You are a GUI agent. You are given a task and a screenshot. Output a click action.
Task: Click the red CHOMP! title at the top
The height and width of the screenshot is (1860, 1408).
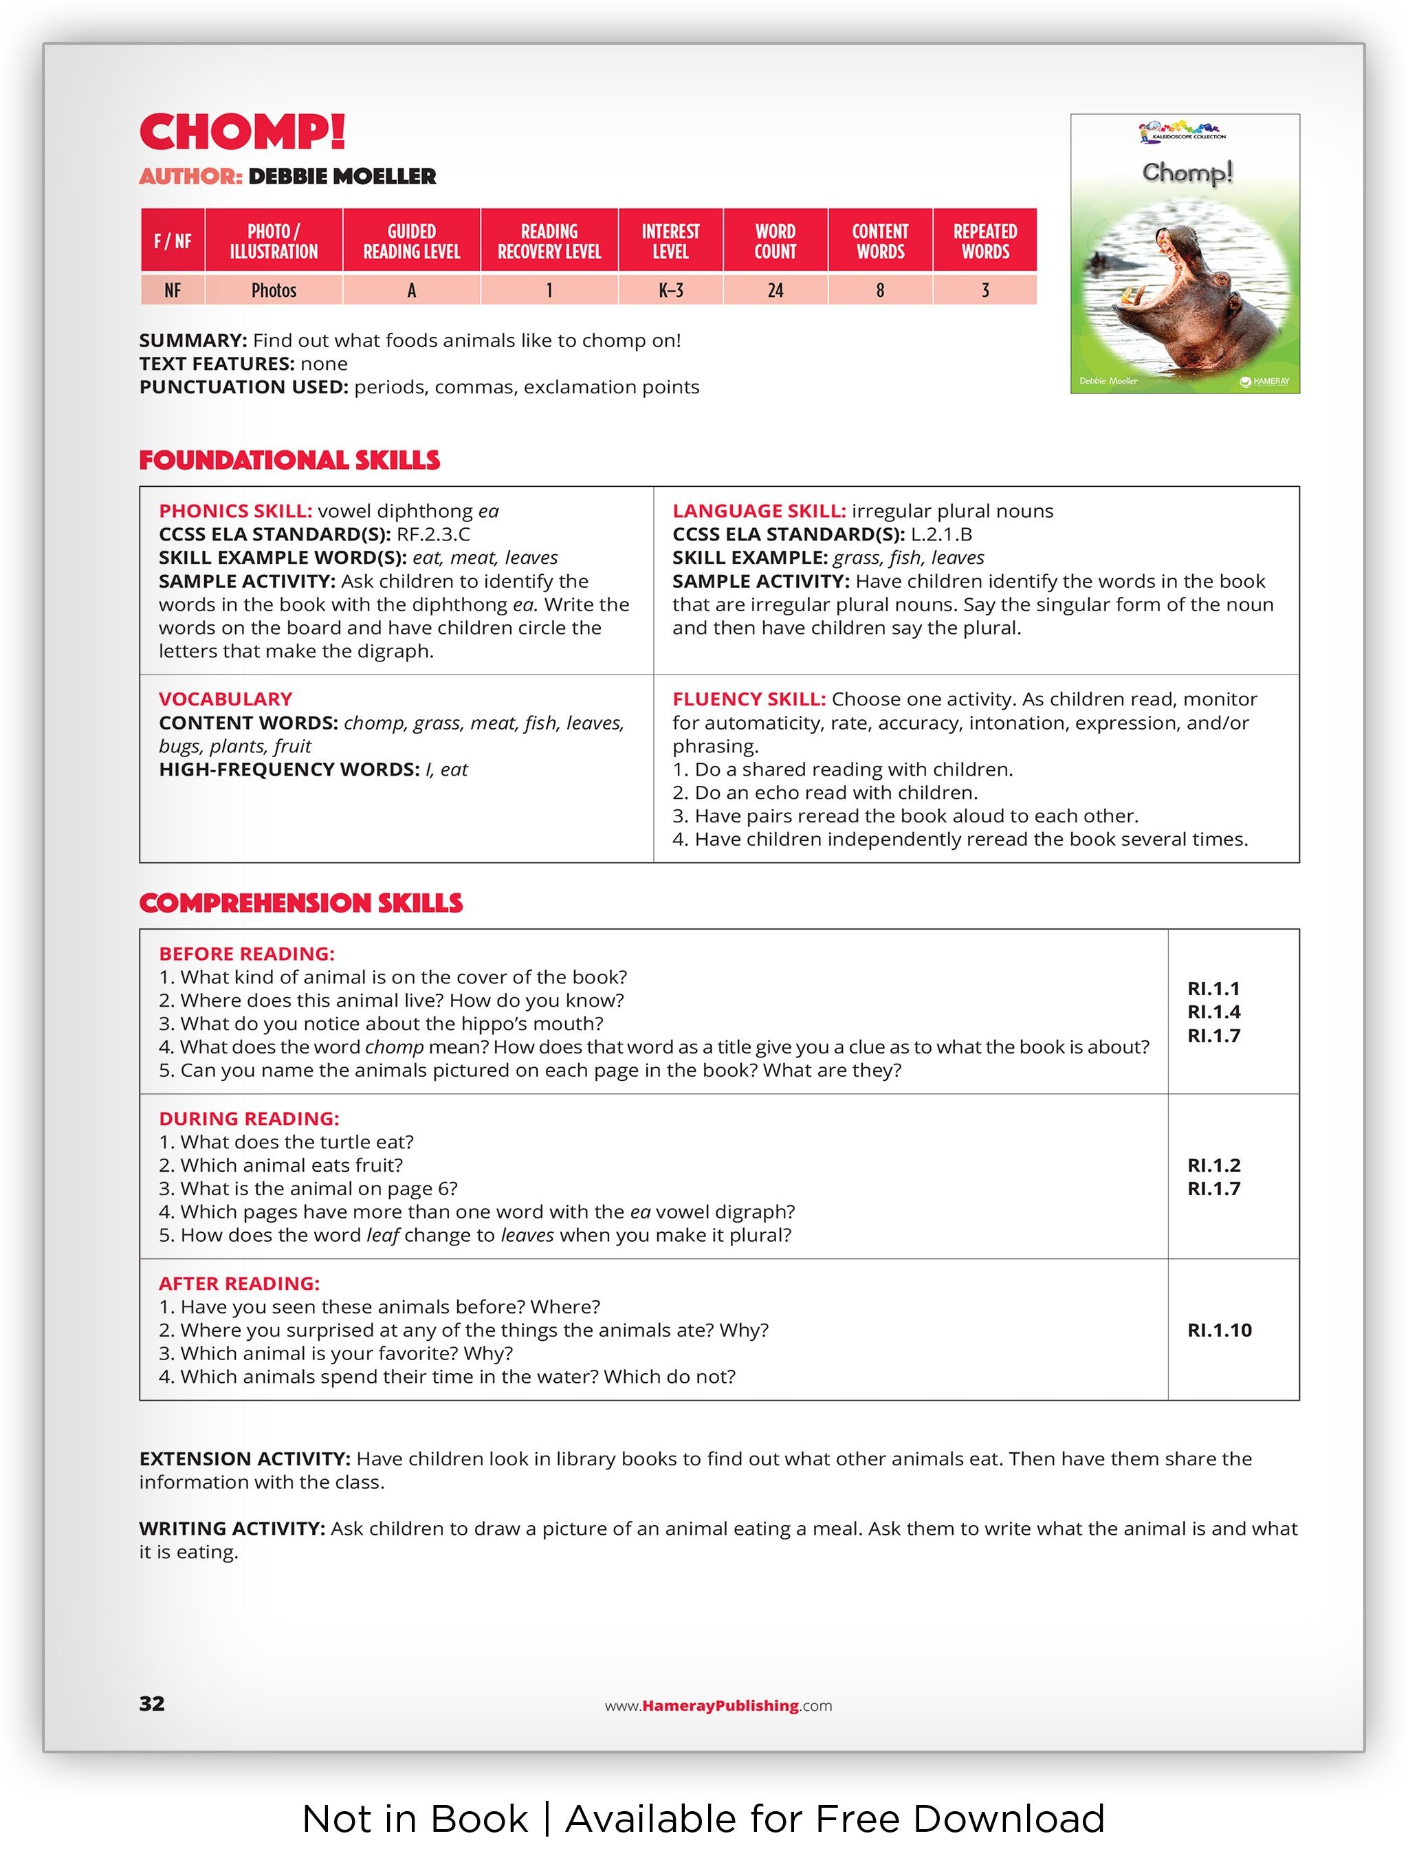pos(242,132)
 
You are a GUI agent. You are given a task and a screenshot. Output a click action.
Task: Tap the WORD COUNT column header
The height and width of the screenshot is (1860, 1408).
pos(774,241)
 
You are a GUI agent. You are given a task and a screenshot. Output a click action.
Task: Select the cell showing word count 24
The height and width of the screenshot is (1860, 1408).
pos(774,290)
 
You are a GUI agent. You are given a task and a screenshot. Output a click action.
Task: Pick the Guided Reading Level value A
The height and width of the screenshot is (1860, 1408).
pos(411,290)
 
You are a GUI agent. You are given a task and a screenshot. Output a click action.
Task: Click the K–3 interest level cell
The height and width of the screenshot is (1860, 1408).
pos(670,290)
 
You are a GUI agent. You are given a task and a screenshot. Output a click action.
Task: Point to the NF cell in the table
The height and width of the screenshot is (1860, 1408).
pos(173,290)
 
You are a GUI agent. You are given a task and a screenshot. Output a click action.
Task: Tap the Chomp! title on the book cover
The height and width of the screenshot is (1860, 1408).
pos(1186,173)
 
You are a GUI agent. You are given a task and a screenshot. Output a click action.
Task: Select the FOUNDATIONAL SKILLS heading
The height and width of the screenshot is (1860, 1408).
pos(289,460)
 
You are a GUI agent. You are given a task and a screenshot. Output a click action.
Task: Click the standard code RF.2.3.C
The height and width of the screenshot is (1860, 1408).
pos(433,534)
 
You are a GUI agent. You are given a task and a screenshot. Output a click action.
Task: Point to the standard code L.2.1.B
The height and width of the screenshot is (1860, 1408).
pos(940,534)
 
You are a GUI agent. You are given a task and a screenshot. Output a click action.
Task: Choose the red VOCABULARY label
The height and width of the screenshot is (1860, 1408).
pos(225,699)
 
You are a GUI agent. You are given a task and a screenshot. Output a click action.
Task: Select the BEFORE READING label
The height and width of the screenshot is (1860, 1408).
pos(246,954)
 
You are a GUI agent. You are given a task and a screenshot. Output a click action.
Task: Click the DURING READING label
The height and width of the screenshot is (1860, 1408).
pos(249,1118)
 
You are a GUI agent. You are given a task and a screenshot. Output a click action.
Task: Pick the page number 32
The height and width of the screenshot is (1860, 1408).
pos(152,1704)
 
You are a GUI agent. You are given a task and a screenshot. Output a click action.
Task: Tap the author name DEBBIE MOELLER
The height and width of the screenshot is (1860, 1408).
pos(341,177)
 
